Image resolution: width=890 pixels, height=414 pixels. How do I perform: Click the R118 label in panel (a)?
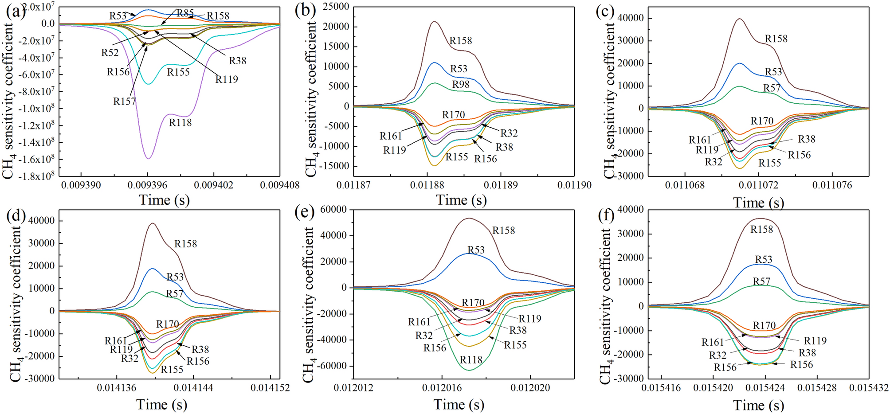[x=180, y=123]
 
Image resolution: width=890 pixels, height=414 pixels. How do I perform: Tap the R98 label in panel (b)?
[x=461, y=85]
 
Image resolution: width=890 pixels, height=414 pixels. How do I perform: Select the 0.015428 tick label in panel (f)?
[x=819, y=388]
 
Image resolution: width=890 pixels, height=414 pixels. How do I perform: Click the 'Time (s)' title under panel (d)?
[x=161, y=404]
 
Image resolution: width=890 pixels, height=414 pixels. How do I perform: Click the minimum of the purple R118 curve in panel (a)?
[x=148, y=159]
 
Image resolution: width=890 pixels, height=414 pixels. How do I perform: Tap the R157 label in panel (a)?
[x=125, y=102]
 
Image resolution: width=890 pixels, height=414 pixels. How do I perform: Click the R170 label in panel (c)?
[x=762, y=121]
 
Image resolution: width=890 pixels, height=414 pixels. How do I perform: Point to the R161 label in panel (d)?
[x=116, y=341]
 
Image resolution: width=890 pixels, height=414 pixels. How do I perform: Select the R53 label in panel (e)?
[x=476, y=250]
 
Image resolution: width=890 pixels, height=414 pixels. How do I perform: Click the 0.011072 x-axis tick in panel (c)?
[x=759, y=185]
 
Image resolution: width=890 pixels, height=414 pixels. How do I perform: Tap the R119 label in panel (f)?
[x=815, y=341]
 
